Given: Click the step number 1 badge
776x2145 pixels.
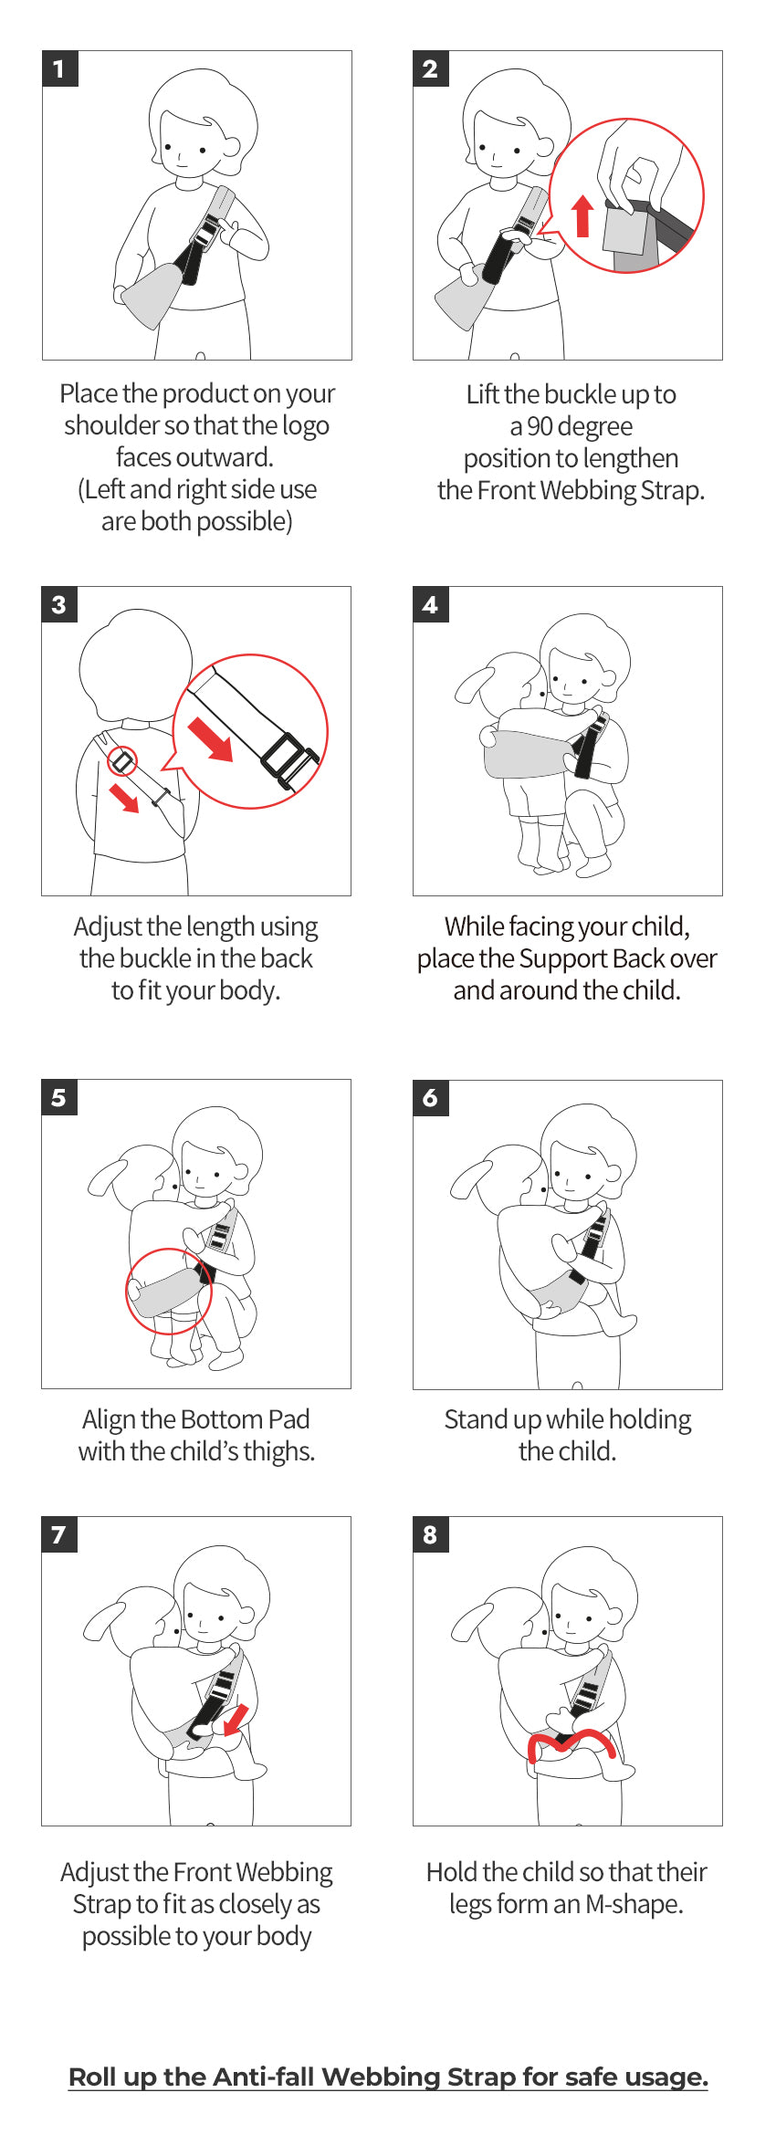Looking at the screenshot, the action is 60,68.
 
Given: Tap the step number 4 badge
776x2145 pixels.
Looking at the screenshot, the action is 431,604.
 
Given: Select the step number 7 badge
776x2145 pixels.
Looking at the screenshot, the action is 59,1534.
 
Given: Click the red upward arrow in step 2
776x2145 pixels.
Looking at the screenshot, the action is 582,215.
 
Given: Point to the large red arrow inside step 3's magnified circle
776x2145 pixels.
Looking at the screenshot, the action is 210,738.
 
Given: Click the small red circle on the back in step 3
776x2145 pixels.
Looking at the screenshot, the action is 122,760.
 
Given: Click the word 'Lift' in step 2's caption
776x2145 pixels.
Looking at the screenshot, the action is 483,394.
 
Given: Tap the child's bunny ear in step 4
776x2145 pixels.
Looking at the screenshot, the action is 474,685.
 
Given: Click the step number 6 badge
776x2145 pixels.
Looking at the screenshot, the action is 431,1098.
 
